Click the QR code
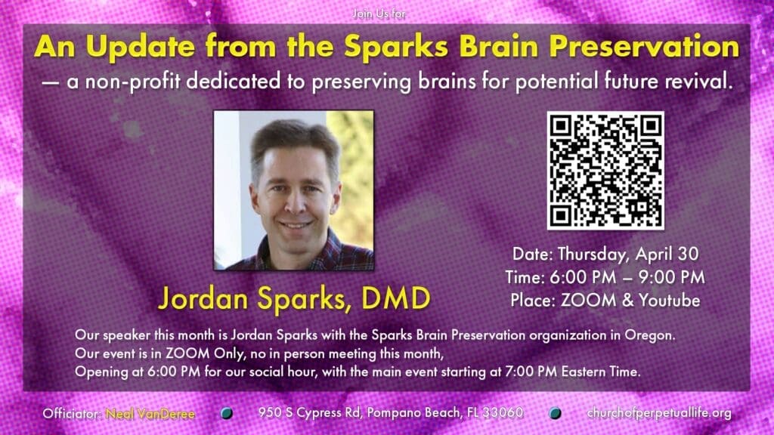(x=605, y=170)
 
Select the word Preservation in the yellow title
(x=644, y=47)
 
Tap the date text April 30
(x=667, y=254)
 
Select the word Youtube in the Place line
(x=670, y=301)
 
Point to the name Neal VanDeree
(x=150, y=414)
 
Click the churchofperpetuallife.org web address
(x=659, y=413)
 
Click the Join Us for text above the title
(x=379, y=14)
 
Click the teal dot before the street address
(x=227, y=413)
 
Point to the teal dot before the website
(x=555, y=413)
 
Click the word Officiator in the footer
(x=73, y=413)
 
